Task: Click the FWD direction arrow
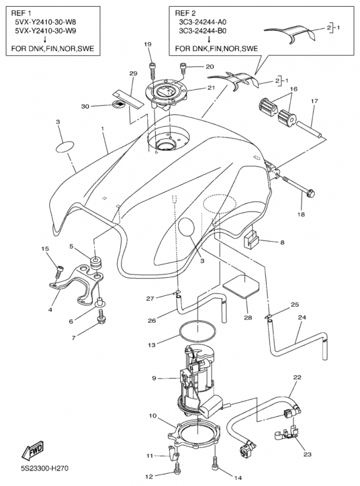(32, 450)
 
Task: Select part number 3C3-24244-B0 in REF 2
(202, 31)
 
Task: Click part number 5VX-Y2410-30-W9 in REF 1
(46, 31)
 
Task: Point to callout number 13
(151, 344)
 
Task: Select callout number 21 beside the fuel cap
(211, 87)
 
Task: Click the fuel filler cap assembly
(167, 93)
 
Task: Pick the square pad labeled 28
(241, 286)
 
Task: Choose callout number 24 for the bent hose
(302, 317)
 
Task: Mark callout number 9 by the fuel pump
(154, 378)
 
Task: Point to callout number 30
(85, 106)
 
